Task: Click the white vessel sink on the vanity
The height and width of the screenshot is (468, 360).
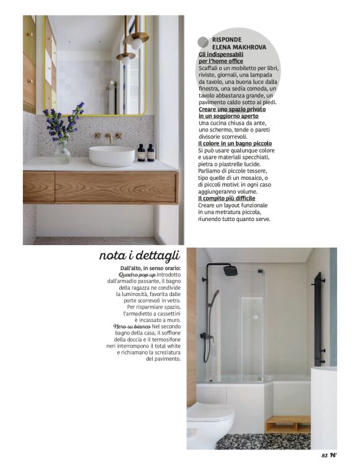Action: (112, 155)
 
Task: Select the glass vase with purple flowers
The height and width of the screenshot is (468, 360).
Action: (63, 151)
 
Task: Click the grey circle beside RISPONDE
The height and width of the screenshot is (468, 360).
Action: (203, 42)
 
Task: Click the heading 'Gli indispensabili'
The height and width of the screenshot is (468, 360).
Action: (217, 54)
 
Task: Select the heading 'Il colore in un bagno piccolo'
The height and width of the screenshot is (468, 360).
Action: (235, 143)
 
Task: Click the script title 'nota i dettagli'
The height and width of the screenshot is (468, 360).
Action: (139, 255)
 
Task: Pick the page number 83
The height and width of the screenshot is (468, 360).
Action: (325, 456)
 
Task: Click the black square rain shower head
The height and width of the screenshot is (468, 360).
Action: (230, 271)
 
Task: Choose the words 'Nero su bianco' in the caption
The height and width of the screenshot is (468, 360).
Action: (132, 326)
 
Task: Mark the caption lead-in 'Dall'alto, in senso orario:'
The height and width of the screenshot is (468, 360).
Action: (146, 268)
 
